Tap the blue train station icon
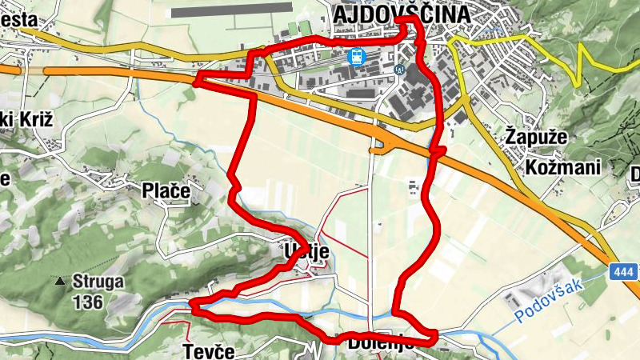(354, 56)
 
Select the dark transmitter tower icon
(398, 69)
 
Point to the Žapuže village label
(537, 138)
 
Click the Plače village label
(166, 190)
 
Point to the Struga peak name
(98, 282)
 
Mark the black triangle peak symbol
(59, 282)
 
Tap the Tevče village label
(208, 351)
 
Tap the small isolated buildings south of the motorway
(413, 188)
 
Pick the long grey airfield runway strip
(232, 9)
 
